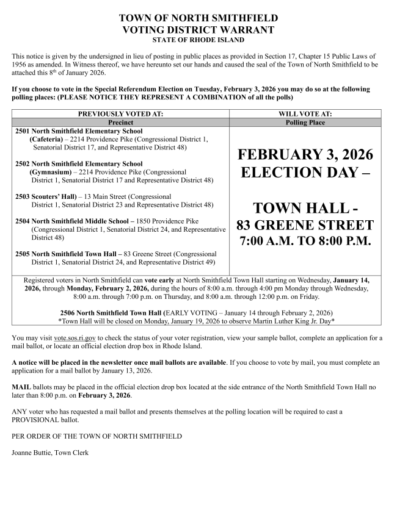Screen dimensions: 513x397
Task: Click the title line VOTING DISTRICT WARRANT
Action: coord(198,29)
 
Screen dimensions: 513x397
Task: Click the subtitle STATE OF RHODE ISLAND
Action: coord(198,40)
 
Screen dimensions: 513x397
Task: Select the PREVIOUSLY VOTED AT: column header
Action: coord(120,114)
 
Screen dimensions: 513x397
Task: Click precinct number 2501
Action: coord(21,131)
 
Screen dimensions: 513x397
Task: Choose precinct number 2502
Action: coord(21,164)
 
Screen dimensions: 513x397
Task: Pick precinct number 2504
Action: coord(21,221)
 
